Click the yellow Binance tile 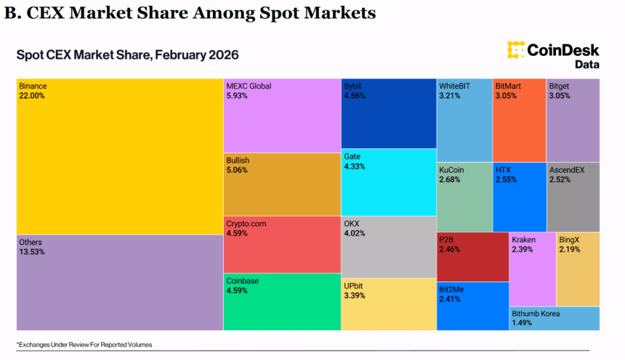click(120, 156)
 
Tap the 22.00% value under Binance click(32, 96)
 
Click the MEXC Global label click(249, 86)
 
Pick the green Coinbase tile click(281, 302)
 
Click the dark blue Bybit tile click(388, 113)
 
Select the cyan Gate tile click(388, 182)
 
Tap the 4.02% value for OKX click(355, 233)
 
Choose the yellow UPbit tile click(388, 302)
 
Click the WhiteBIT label click(455, 86)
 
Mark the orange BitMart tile click(519, 120)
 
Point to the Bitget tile click(573, 120)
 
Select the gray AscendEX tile click(573, 197)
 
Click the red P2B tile click(472, 257)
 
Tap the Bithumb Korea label click(536, 313)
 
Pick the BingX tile click(578, 269)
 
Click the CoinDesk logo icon click(516, 50)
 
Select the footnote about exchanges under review click(84, 344)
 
